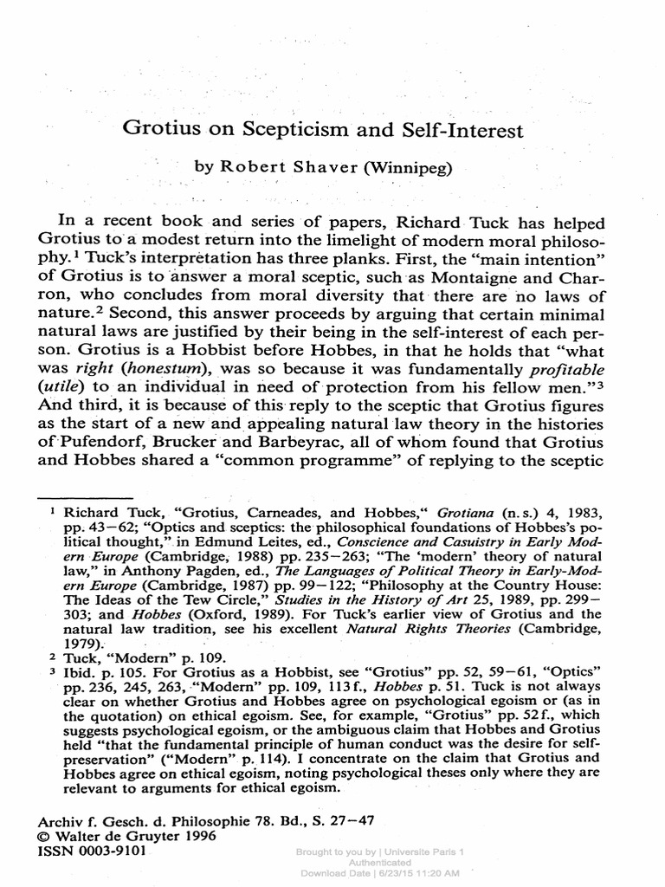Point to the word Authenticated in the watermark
point(379,863)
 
